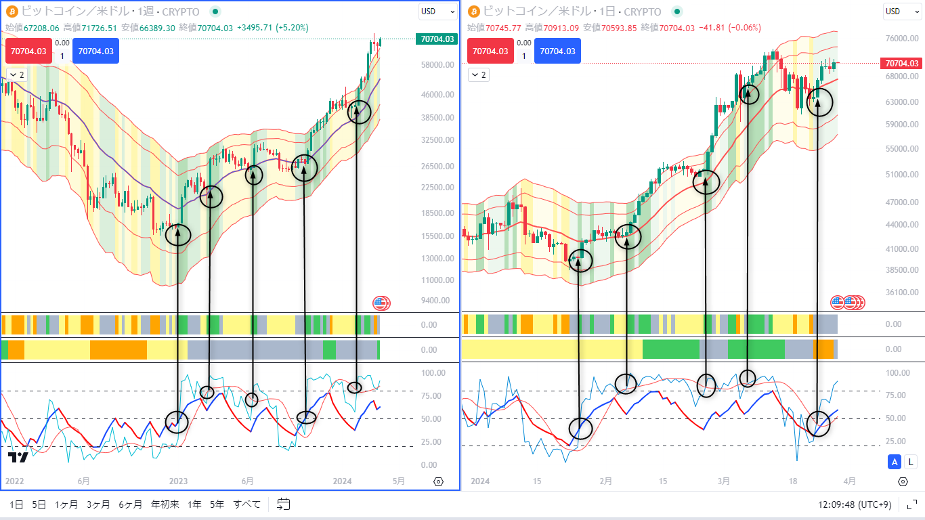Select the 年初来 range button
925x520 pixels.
click(x=165, y=504)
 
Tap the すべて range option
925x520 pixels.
click(x=246, y=504)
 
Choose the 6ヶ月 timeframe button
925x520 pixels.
click(x=130, y=504)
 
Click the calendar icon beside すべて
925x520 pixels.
click(x=284, y=504)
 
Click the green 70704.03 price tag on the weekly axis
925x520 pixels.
click(x=437, y=39)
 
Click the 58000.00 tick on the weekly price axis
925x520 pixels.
click(x=437, y=65)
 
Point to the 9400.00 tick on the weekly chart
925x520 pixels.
click(x=437, y=301)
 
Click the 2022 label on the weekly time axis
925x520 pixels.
click(x=14, y=481)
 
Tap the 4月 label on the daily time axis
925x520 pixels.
click(x=849, y=481)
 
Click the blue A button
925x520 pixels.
click(x=895, y=462)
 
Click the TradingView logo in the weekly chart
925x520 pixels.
click(x=18, y=458)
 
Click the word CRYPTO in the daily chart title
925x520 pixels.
click(x=642, y=12)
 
